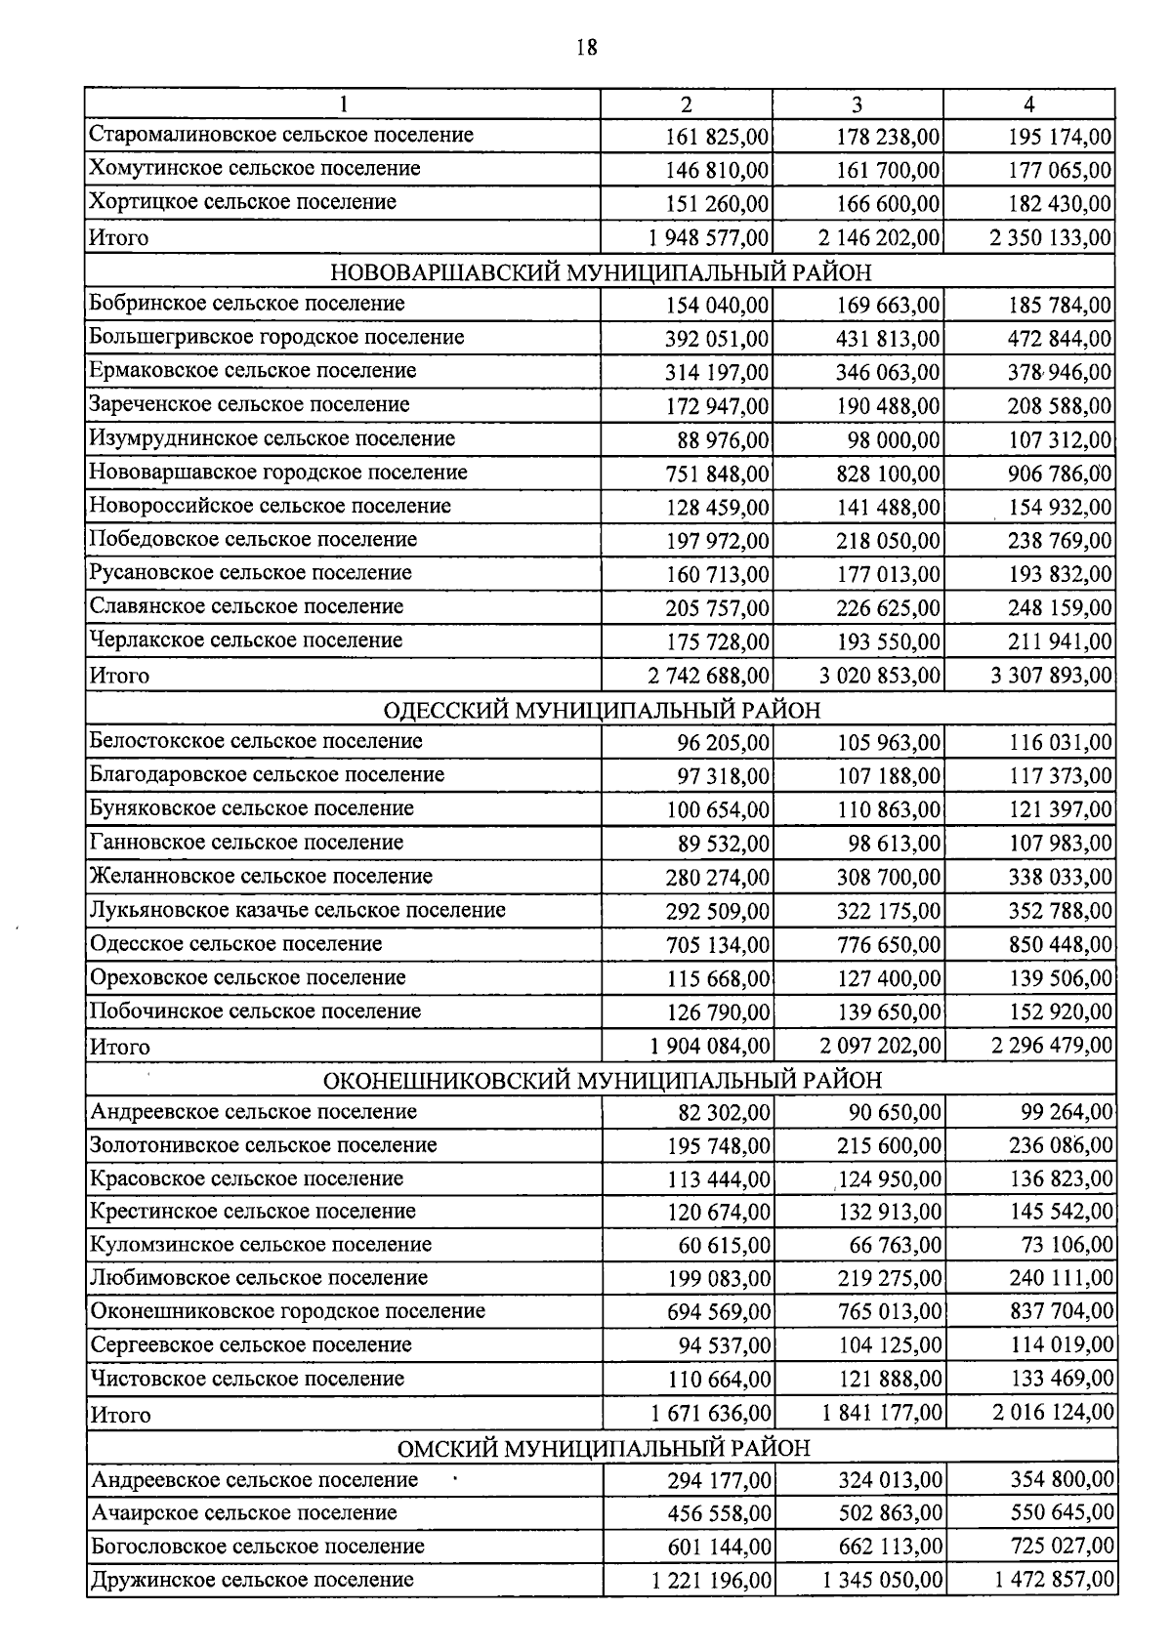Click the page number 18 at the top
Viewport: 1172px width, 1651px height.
[586, 47]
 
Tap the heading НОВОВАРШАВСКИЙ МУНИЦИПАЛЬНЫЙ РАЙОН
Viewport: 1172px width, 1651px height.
[600, 271]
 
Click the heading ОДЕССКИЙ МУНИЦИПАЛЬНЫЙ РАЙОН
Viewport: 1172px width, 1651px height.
[602, 709]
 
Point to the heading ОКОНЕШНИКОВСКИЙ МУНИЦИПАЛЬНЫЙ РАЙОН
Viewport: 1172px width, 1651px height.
[602, 1080]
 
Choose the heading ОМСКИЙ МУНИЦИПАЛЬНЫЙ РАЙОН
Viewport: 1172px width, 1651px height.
[603, 1447]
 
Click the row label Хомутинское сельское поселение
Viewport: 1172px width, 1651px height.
[255, 169]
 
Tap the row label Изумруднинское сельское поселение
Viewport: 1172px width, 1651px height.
[272, 438]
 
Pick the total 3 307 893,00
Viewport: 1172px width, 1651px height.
[1051, 676]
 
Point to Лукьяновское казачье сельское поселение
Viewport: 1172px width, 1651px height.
[298, 910]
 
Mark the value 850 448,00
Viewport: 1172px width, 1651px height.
[1060, 945]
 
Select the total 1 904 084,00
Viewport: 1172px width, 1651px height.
[710, 1047]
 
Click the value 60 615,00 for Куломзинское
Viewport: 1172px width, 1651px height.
[725, 1246]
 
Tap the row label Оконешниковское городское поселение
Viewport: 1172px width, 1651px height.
[288, 1311]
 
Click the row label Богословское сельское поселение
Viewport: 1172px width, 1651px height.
[258, 1547]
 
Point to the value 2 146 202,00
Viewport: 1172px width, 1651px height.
[880, 238]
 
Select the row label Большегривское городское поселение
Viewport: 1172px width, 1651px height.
[277, 338]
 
